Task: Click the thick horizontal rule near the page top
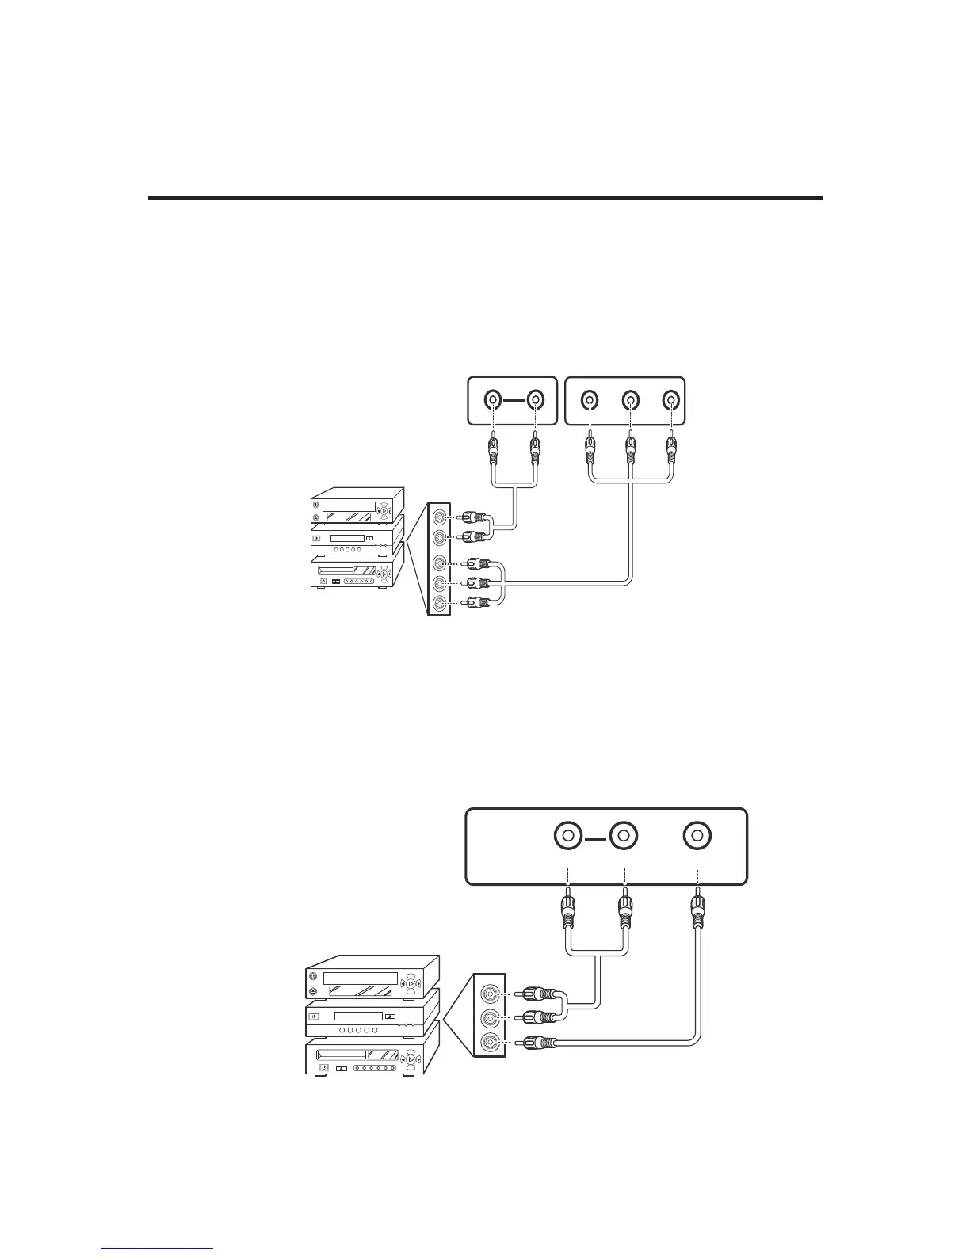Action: point(485,197)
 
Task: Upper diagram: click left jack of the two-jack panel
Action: point(493,400)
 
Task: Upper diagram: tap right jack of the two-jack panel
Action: point(536,400)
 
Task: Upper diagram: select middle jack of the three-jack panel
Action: point(630,400)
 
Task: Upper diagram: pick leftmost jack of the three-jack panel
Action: point(589,400)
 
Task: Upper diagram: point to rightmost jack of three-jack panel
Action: point(671,400)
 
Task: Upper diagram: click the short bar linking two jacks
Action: point(514,400)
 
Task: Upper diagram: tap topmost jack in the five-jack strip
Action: point(438,517)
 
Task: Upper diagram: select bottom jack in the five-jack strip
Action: point(438,604)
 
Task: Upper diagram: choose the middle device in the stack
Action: point(357,540)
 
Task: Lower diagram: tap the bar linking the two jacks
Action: point(594,836)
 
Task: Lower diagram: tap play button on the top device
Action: point(411,983)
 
